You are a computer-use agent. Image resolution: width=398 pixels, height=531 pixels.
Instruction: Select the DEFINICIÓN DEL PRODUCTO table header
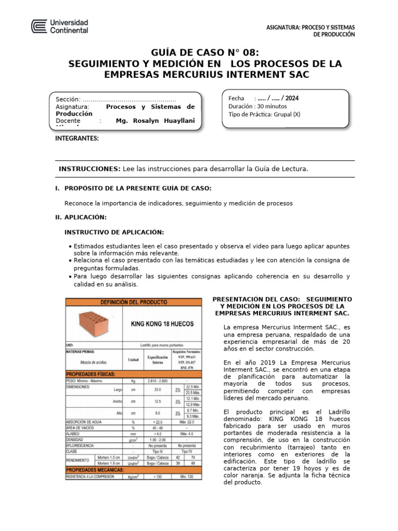[133, 302]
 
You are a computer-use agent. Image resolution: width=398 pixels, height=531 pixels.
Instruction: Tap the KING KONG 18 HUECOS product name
[162, 324]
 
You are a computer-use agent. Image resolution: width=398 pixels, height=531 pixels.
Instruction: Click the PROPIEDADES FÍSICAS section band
[91, 373]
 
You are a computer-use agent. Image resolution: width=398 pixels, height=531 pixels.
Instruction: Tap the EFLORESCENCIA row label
[80, 445]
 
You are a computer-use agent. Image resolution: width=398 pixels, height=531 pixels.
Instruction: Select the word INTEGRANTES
[77, 138]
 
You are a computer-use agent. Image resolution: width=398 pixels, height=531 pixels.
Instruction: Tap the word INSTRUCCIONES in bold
[89, 169]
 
